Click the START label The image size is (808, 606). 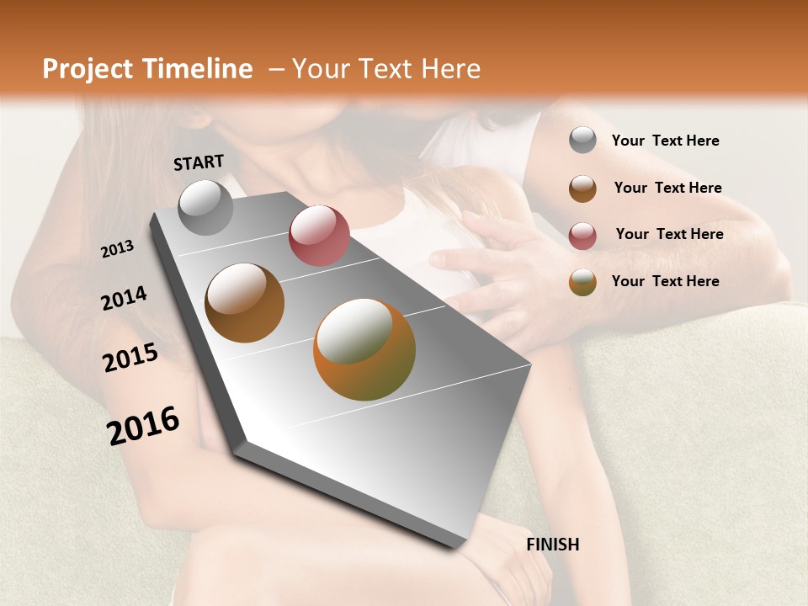point(199,162)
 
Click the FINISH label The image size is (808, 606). point(552,545)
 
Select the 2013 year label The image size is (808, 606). point(118,248)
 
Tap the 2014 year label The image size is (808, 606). point(124,299)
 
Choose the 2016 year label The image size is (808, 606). point(143,425)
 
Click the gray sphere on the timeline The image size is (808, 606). point(206,207)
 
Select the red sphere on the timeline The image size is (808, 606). point(319,236)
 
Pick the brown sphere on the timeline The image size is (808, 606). point(244,303)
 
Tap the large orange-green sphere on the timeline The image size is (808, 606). point(364,349)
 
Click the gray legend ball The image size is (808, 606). point(582,141)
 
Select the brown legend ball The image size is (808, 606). point(582,188)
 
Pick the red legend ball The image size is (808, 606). point(582,235)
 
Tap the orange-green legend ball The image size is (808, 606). point(582,282)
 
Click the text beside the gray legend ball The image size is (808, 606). point(665,141)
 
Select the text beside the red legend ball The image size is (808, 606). point(669,234)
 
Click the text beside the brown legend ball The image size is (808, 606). point(667,188)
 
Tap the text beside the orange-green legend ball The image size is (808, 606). point(665,281)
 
